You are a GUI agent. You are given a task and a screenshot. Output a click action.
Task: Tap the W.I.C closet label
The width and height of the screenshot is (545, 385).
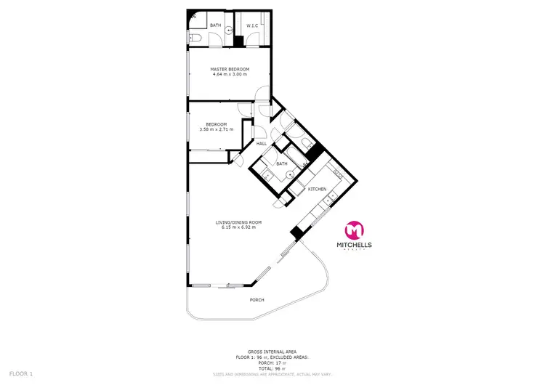(x=252, y=26)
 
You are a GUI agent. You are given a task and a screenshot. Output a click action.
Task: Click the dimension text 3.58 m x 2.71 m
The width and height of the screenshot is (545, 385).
(x=217, y=129)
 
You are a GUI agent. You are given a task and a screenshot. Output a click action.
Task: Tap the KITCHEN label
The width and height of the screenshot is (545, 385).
(x=318, y=189)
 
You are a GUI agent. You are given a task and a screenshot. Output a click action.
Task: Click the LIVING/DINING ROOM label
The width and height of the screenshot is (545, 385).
(x=238, y=222)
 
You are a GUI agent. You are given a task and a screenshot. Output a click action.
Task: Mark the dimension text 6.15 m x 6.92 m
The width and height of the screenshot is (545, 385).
(x=238, y=227)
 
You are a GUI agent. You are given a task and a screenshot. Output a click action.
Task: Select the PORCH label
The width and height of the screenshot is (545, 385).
(x=257, y=299)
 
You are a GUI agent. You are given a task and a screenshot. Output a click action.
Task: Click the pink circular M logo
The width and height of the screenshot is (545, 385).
(x=353, y=230)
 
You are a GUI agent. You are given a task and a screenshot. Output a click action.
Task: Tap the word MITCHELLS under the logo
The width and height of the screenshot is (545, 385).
(x=353, y=246)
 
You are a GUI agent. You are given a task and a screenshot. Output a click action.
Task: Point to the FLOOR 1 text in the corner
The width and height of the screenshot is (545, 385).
(x=22, y=373)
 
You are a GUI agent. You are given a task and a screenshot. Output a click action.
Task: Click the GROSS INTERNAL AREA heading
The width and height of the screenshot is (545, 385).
(x=272, y=351)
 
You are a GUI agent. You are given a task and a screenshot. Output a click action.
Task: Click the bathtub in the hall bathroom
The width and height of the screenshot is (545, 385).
(x=296, y=155)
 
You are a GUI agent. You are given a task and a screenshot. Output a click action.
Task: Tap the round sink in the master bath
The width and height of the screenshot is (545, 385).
(x=228, y=31)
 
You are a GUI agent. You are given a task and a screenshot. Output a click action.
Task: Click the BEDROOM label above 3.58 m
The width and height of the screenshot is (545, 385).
(x=217, y=123)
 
